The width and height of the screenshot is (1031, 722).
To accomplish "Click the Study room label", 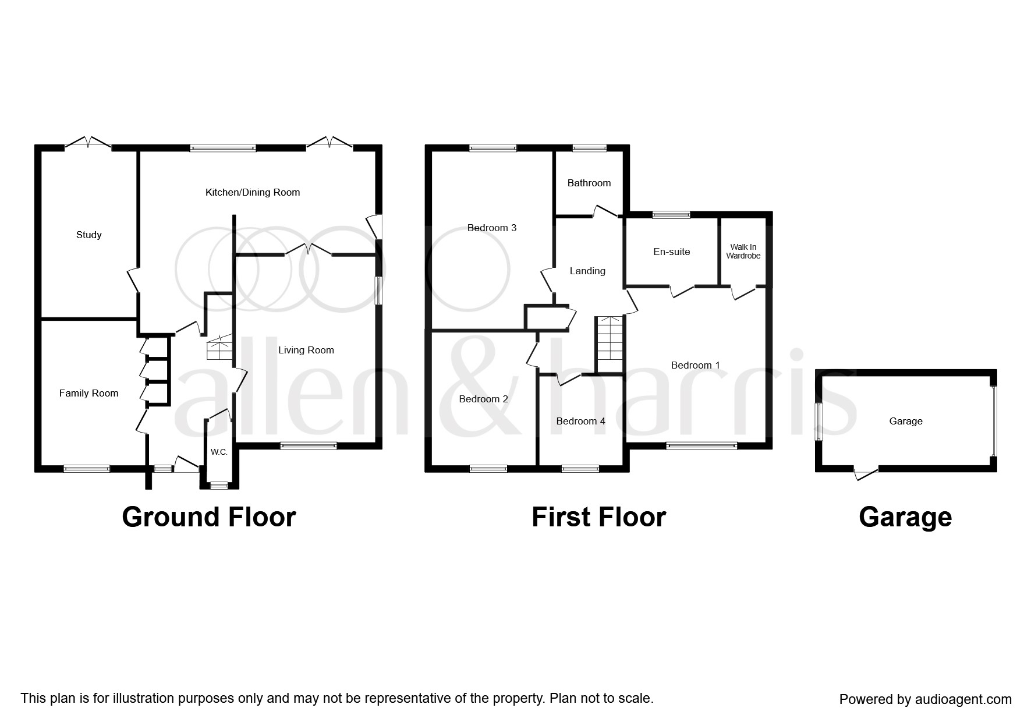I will coord(88,235).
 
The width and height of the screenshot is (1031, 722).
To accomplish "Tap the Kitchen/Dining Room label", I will coord(253,192).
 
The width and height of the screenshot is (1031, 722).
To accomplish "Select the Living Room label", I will coord(306,350).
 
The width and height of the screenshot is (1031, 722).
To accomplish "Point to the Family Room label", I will coord(88,393).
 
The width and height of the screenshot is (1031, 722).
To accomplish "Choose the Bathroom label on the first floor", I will coord(589,183).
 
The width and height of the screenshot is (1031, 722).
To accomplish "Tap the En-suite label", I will coord(671,252).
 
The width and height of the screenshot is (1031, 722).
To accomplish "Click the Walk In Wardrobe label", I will coord(743,252).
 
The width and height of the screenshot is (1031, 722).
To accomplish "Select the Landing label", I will coord(587,271).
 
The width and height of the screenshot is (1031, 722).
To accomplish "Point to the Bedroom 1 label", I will coord(695,365).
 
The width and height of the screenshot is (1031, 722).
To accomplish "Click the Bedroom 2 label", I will coord(483,399).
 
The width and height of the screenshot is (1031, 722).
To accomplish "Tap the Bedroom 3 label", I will coord(492,228).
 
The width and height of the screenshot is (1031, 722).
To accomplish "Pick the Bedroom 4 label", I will coord(580,421).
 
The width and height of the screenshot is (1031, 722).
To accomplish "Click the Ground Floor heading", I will coord(208,517).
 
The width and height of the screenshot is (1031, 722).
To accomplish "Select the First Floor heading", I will coord(598,517).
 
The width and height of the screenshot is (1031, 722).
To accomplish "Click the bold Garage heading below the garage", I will coord(905,517).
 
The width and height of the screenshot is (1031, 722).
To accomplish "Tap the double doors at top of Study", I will coord(87,143).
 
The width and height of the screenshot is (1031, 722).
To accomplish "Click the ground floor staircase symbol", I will coord(219,349).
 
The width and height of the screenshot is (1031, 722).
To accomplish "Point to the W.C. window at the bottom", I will coord(219,484).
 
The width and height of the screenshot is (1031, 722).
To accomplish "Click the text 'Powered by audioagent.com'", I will coord(925,699).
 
